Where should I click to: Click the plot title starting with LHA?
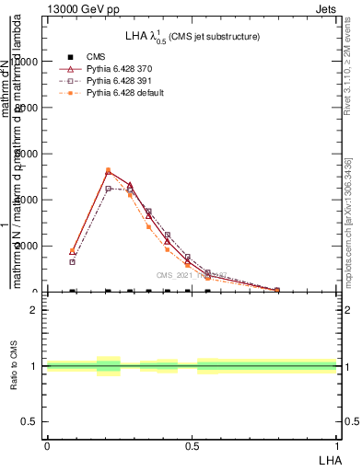pyautogui.click(x=193, y=36)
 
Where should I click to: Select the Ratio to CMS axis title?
pyautogui.click(x=15, y=367)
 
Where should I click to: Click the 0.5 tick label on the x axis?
pyautogui.click(x=192, y=444)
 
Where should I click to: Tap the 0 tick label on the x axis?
pyautogui.click(x=47, y=444)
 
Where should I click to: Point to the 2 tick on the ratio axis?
pyautogui.click(x=34, y=310)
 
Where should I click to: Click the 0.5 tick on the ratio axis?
pyautogui.click(x=29, y=421)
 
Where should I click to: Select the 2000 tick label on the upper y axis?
pyautogui.click(x=23, y=246)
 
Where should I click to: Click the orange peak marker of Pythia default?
pyautogui.click(x=108, y=170)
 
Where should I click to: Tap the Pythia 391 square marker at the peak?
pyautogui.click(x=108, y=189)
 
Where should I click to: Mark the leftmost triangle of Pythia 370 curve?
pyautogui.click(x=73, y=251)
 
